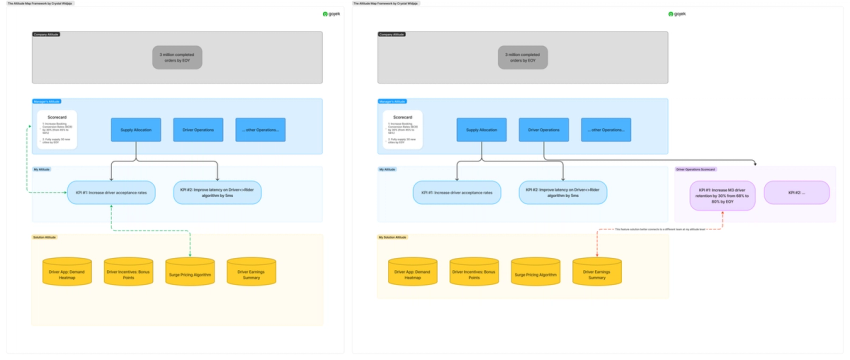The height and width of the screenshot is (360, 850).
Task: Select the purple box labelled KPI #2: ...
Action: (796, 192)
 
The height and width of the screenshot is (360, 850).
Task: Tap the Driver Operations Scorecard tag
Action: (696, 169)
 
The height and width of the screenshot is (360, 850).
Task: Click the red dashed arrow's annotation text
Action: (660, 229)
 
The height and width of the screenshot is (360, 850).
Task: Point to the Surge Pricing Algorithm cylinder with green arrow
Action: (190, 272)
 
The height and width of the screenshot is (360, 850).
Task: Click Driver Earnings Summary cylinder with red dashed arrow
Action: (597, 272)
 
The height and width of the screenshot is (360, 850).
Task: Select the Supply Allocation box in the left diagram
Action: (136, 130)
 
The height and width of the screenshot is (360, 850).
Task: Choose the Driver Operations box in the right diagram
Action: (544, 130)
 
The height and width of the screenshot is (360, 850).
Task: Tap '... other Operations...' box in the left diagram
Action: (260, 130)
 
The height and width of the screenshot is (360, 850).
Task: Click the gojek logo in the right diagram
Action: (677, 14)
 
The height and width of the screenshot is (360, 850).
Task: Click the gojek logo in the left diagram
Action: (331, 14)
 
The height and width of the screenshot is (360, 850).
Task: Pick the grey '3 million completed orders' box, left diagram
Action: (177, 57)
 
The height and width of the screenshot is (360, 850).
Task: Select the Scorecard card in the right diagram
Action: (402, 129)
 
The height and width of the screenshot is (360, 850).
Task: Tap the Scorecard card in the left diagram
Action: (57, 129)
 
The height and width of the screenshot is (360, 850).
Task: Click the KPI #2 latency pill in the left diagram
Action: (217, 192)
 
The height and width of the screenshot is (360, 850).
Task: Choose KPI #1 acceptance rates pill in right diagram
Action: (457, 192)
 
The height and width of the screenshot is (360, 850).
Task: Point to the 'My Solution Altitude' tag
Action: (392, 237)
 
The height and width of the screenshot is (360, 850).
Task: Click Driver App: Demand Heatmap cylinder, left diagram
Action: (67, 272)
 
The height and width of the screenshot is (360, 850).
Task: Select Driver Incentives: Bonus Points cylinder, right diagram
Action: (474, 272)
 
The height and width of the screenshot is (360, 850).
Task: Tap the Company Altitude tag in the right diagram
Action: (392, 34)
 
